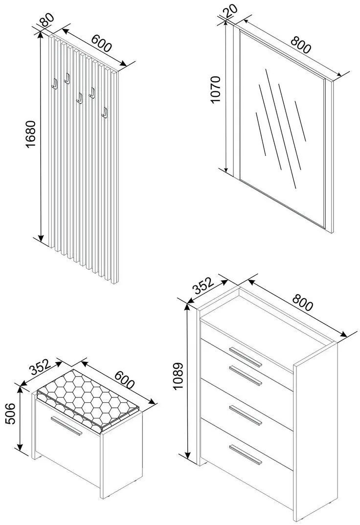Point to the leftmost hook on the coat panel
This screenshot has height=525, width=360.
click(54, 84)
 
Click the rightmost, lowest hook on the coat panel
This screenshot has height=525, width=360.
click(104, 112)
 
